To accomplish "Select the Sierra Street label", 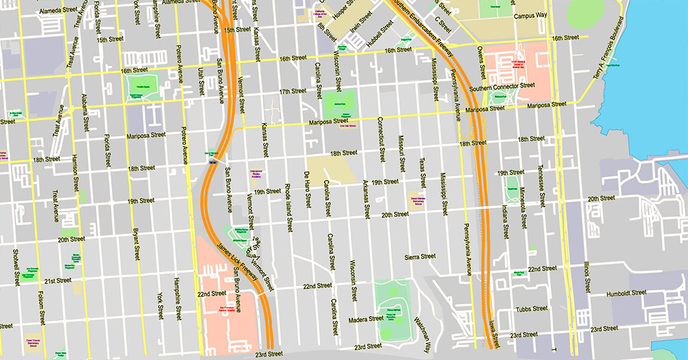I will [x=420, y=256].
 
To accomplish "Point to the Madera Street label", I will [x=366, y=319].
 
